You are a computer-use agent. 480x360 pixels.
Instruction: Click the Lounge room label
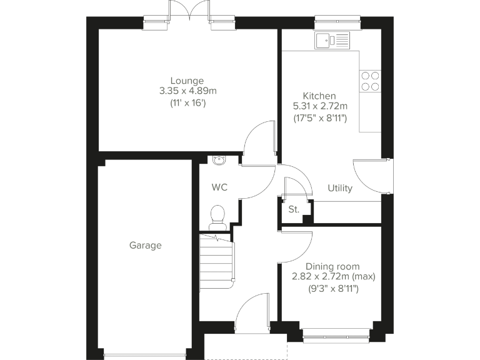(187, 81)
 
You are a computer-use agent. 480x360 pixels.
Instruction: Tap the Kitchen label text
(319, 95)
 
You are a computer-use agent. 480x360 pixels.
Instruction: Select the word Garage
(145, 246)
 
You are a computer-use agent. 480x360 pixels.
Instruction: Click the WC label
(219, 187)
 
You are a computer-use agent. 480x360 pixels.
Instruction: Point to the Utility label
(340, 188)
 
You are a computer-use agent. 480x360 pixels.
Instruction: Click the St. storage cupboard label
(293, 210)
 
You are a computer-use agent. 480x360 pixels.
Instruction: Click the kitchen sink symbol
(332, 41)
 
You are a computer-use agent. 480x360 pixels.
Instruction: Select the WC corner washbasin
(218, 160)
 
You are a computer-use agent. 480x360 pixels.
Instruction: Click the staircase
(216, 261)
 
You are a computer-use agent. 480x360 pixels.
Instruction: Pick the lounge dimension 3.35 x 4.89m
(187, 91)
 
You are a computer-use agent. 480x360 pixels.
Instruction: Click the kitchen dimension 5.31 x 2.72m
(320, 106)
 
